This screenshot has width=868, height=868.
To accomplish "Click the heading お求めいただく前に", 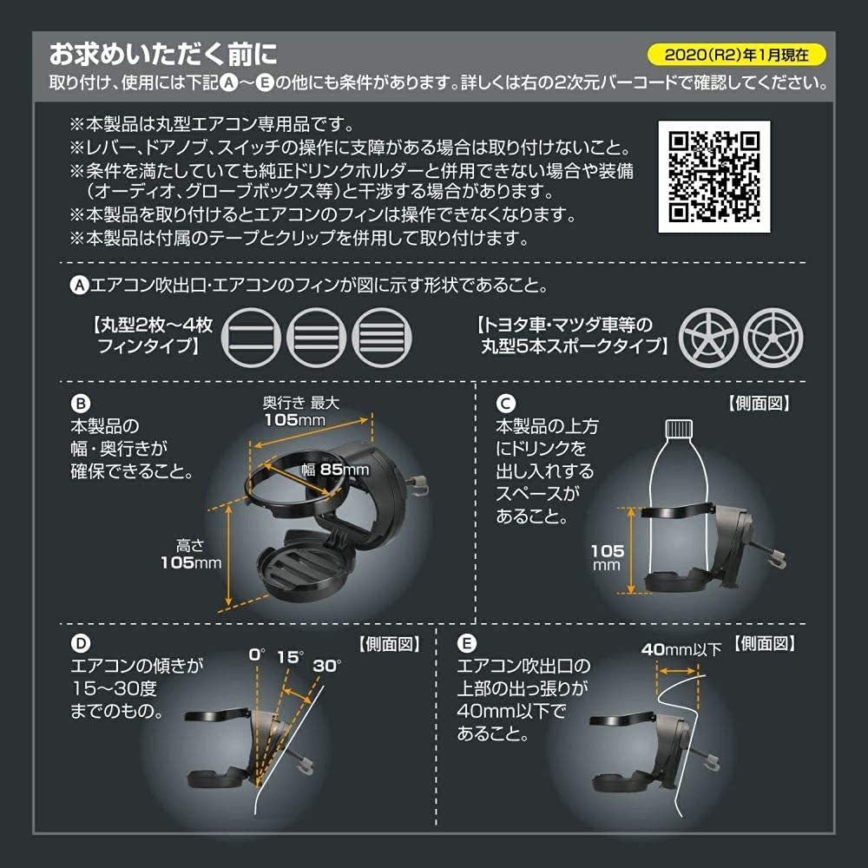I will (163, 55).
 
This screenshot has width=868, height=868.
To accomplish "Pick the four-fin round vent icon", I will (383, 335).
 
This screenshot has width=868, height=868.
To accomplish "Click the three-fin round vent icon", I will (318, 335).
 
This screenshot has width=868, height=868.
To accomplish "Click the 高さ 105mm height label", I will (190, 554).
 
